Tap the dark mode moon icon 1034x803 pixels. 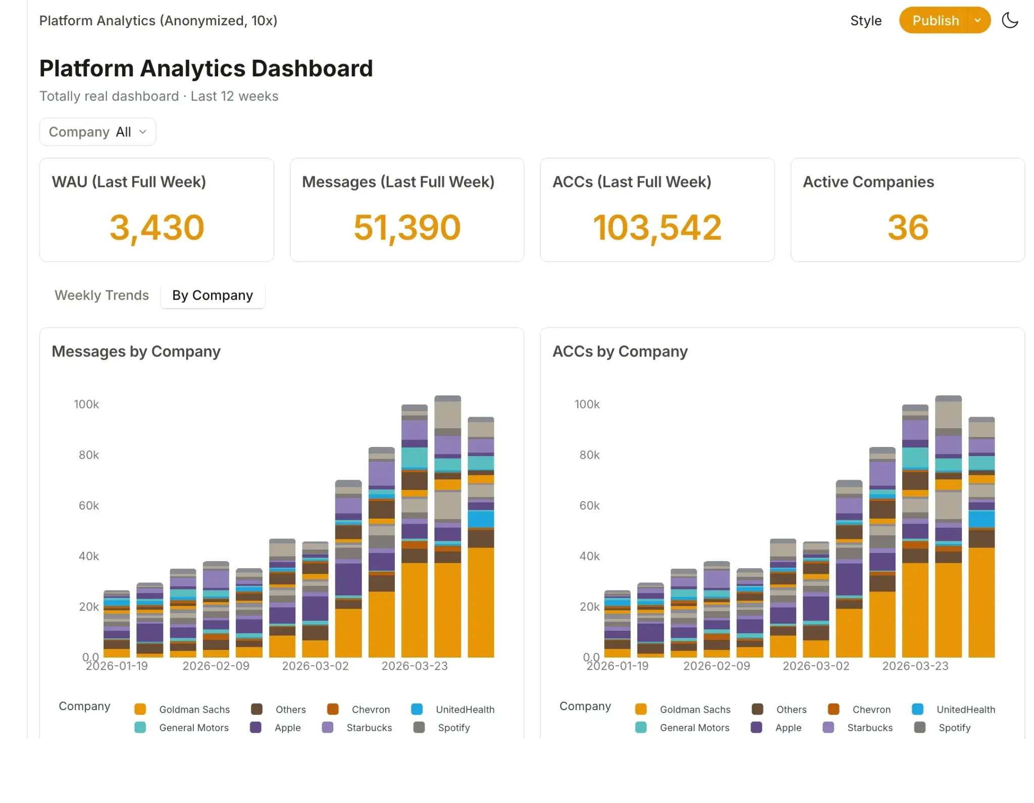point(1010,20)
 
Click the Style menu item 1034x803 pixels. point(866,21)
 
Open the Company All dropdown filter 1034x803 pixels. point(97,132)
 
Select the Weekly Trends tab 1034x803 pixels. point(101,295)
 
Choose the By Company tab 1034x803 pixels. point(213,295)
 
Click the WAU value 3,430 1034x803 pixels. point(157,228)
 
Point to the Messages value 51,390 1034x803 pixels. point(407,228)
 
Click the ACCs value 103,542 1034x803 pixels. point(657,228)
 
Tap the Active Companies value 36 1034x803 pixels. point(908,227)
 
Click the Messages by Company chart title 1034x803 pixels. point(136,352)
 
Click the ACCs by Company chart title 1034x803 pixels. point(620,352)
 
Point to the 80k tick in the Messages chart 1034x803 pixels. point(89,455)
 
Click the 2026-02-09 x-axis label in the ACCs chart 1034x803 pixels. point(717,666)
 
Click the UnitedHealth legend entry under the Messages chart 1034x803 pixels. point(453,710)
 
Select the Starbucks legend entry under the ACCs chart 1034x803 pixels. point(858,728)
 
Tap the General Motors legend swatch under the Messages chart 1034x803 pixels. point(140,728)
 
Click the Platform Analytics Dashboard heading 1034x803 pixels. point(206,68)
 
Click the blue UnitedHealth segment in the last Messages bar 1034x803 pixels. point(481,519)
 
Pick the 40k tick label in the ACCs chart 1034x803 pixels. point(590,556)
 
